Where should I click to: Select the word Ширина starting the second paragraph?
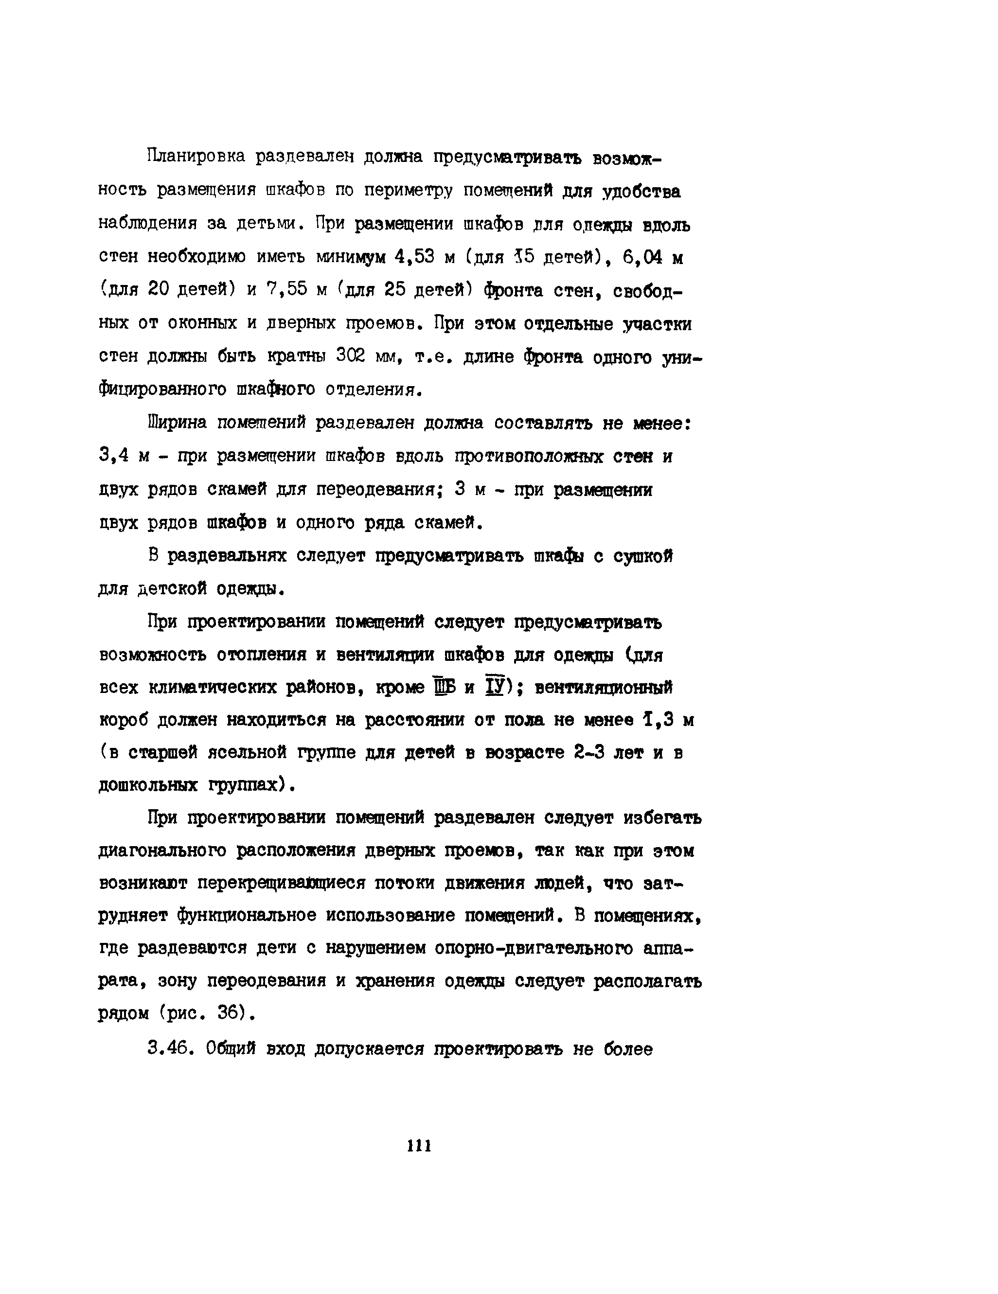pos(177,423)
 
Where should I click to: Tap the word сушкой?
pos(643,556)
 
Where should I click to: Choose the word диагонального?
pos(162,851)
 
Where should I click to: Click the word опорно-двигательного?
pos(534,949)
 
